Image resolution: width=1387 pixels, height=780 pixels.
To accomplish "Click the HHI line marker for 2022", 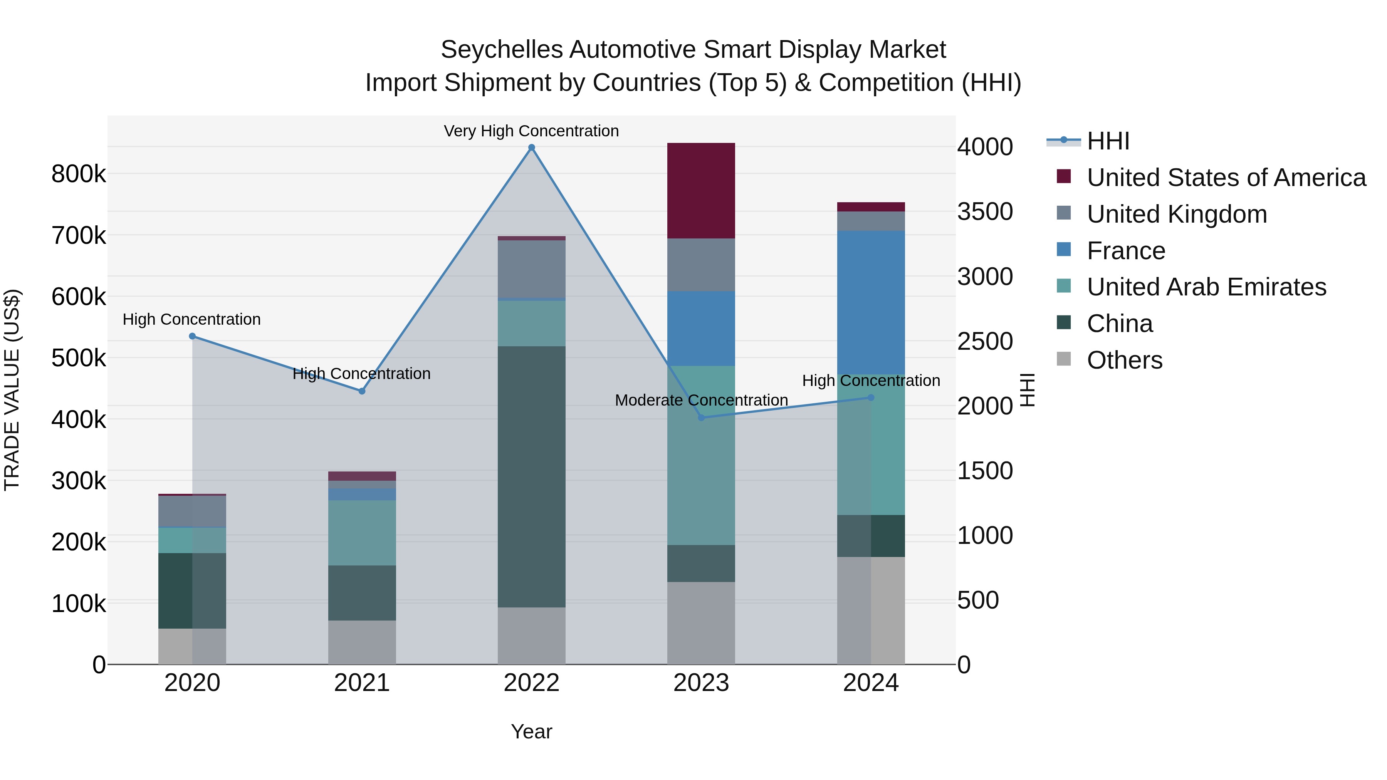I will [x=531, y=148].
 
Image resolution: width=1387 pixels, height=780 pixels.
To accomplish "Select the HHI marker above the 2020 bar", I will [x=192, y=336].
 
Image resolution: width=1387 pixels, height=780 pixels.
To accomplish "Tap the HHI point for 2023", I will [x=701, y=418].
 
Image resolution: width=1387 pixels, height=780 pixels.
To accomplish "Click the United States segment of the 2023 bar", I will [x=701, y=191].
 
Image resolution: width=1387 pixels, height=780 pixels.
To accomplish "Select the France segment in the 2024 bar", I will [x=871, y=302].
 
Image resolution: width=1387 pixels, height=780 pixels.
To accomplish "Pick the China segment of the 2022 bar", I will [x=531, y=476].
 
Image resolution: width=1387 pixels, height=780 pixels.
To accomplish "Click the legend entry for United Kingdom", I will [x=1177, y=214].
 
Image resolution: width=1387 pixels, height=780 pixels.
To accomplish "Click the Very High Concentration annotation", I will [x=531, y=131].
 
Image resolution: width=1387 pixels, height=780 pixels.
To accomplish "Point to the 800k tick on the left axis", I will [x=79, y=174].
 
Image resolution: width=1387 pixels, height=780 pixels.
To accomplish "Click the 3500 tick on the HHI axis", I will [x=985, y=211].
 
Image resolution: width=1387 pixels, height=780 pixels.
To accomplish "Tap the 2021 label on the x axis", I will [x=362, y=683].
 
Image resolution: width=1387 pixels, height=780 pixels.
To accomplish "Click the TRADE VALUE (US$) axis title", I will [x=12, y=390].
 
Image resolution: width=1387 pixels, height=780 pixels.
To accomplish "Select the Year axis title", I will [x=531, y=731].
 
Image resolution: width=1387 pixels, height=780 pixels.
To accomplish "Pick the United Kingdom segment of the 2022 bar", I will [x=531, y=268].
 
